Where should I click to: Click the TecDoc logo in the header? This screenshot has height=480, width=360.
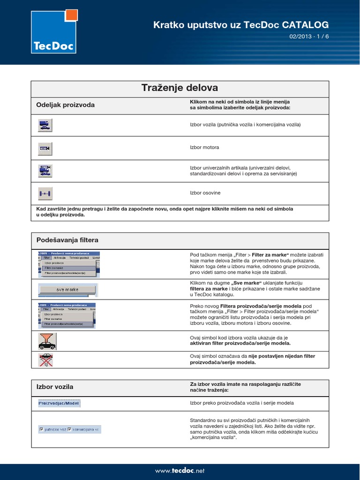pyautogui.click(x=53, y=32)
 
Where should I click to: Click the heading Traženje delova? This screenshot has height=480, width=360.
pyautogui.click(x=180, y=88)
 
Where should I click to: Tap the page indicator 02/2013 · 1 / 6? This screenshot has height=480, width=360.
pyautogui.click(x=309, y=37)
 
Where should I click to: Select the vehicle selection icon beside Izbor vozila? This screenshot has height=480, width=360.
pyautogui.click(x=45, y=125)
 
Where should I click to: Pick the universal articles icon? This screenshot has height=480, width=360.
pyautogui.click(x=45, y=170)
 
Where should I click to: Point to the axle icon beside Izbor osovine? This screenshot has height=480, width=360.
pyautogui.click(x=45, y=193)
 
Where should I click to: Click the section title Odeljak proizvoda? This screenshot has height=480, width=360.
pyautogui.click(x=65, y=105)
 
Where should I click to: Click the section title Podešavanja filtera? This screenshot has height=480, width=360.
pyautogui.click(x=67, y=240)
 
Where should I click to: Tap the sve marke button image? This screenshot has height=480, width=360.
pyautogui.click(x=68, y=290)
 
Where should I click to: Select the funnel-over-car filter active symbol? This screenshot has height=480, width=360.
pyautogui.click(x=47, y=341)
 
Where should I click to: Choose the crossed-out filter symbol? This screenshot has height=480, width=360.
pyautogui.click(x=46, y=360)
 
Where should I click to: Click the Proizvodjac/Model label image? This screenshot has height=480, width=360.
pyautogui.click(x=59, y=403)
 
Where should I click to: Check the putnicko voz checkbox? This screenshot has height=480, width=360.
pyautogui.click(x=42, y=429)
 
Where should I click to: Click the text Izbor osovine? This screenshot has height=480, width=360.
pyautogui.click(x=205, y=193)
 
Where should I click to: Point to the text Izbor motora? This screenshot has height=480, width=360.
pyautogui.click(x=204, y=148)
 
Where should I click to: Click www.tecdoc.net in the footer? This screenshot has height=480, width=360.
pyautogui.click(x=180, y=471)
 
